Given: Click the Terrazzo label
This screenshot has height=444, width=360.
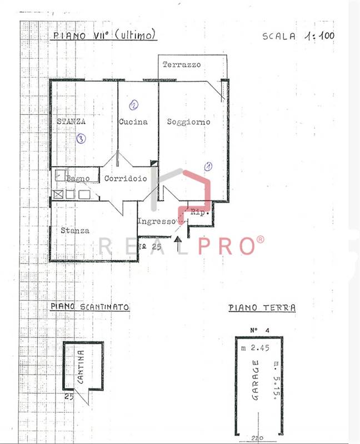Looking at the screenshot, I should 182,65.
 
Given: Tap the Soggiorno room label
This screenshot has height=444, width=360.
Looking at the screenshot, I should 188,122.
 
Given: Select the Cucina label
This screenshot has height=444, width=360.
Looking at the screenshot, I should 133,122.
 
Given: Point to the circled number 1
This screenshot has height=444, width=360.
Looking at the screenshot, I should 208,166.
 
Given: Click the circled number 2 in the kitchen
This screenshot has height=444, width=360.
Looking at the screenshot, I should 133,104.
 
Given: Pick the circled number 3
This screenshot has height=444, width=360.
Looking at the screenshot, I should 81,139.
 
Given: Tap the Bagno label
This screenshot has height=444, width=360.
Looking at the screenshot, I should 78,179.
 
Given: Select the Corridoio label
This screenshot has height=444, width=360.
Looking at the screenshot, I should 126,179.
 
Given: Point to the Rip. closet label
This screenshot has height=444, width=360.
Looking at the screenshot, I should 199,213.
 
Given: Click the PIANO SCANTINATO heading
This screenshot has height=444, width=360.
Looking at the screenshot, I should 90,306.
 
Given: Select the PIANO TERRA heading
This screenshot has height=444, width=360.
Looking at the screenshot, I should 262,308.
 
